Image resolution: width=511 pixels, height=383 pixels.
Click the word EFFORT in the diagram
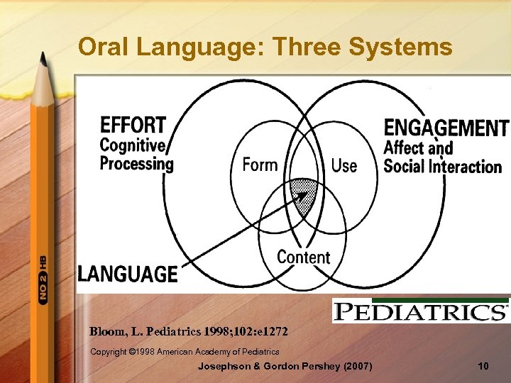pyautogui.click(x=133, y=126)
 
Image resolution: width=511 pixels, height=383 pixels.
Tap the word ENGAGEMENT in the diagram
pyautogui.click(x=445, y=128)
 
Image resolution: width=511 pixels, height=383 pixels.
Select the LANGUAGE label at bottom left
pyautogui.click(x=128, y=274)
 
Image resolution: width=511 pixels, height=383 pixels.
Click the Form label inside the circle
pyautogui.click(x=260, y=165)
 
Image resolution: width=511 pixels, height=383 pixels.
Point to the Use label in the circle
pyautogui.click(x=344, y=166)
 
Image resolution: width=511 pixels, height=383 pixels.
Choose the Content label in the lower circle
pyautogui.click(x=303, y=257)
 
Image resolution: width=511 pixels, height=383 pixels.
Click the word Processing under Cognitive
pyautogui.click(x=136, y=163)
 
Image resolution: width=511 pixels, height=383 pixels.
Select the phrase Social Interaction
pyautogui.click(x=442, y=167)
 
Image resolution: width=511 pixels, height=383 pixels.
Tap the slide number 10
pyautogui.click(x=483, y=366)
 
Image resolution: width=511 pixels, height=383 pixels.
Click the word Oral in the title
pyautogui.click(x=101, y=47)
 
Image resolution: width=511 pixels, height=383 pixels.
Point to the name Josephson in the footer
pyautogui.click(x=225, y=366)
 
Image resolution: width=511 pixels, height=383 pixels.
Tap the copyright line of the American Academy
pyautogui.click(x=185, y=351)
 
